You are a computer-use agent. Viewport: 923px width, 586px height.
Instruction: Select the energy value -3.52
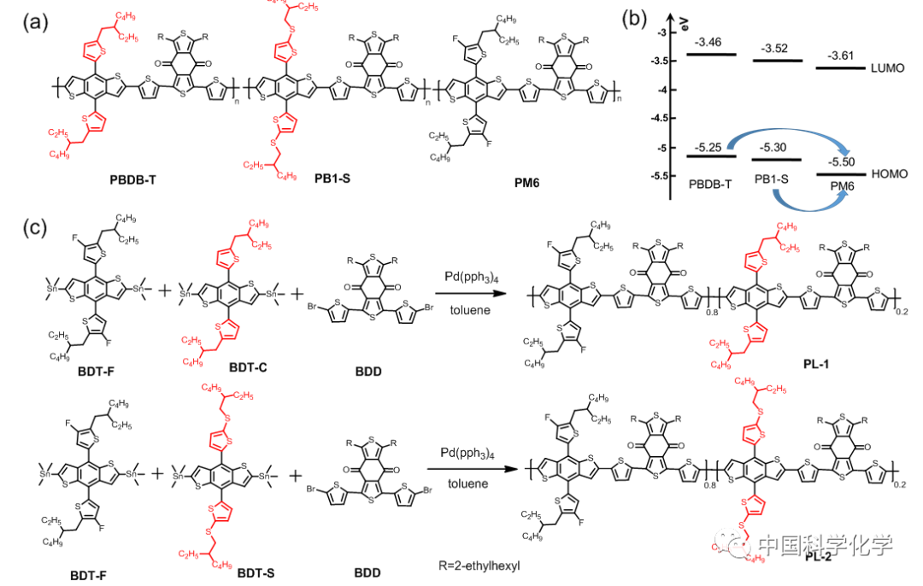point(776,48)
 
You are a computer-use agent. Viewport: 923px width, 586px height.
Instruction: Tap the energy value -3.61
point(844,56)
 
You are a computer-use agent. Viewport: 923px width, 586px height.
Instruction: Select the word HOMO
point(888,173)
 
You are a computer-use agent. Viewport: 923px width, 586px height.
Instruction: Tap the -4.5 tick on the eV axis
point(667,119)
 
